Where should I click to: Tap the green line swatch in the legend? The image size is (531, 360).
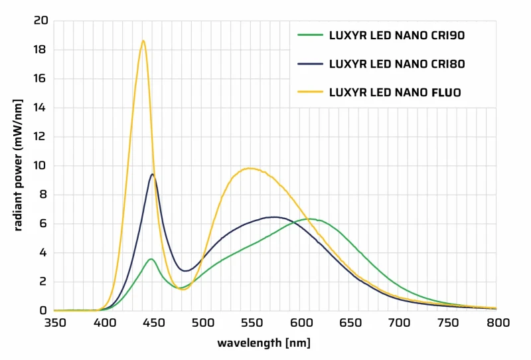click(x=310, y=35)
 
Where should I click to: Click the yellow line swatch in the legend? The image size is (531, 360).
click(x=310, y=92)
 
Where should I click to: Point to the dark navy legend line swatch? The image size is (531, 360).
click(x=310, y=64)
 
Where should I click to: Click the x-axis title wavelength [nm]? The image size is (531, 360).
click(x=264, y=343)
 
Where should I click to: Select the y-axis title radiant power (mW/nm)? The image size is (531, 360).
click(x=18, y=165)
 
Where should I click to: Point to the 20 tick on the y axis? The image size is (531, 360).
click(x=41, y=21)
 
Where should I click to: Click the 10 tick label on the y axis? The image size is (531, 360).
click(x=41, y=165)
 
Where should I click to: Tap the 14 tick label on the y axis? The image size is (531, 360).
click(x=41, y=108)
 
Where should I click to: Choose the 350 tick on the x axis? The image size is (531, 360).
click(x=54, y=323)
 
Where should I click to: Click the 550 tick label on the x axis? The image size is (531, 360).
click(x=252, y=323)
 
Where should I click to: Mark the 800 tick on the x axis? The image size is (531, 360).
click(x=497, y=323)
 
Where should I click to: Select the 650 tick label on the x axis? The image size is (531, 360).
click(x=350, y=323)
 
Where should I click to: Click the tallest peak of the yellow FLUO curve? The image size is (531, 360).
click(x=143, y=41)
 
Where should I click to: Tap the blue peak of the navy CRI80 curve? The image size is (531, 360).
click(x=153, y=174)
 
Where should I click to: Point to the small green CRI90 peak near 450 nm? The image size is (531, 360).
click(x=151, y=259)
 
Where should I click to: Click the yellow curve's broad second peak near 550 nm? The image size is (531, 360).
click(x=250, y=168)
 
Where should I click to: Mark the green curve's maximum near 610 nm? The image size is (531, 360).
click(x=309, y=219)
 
